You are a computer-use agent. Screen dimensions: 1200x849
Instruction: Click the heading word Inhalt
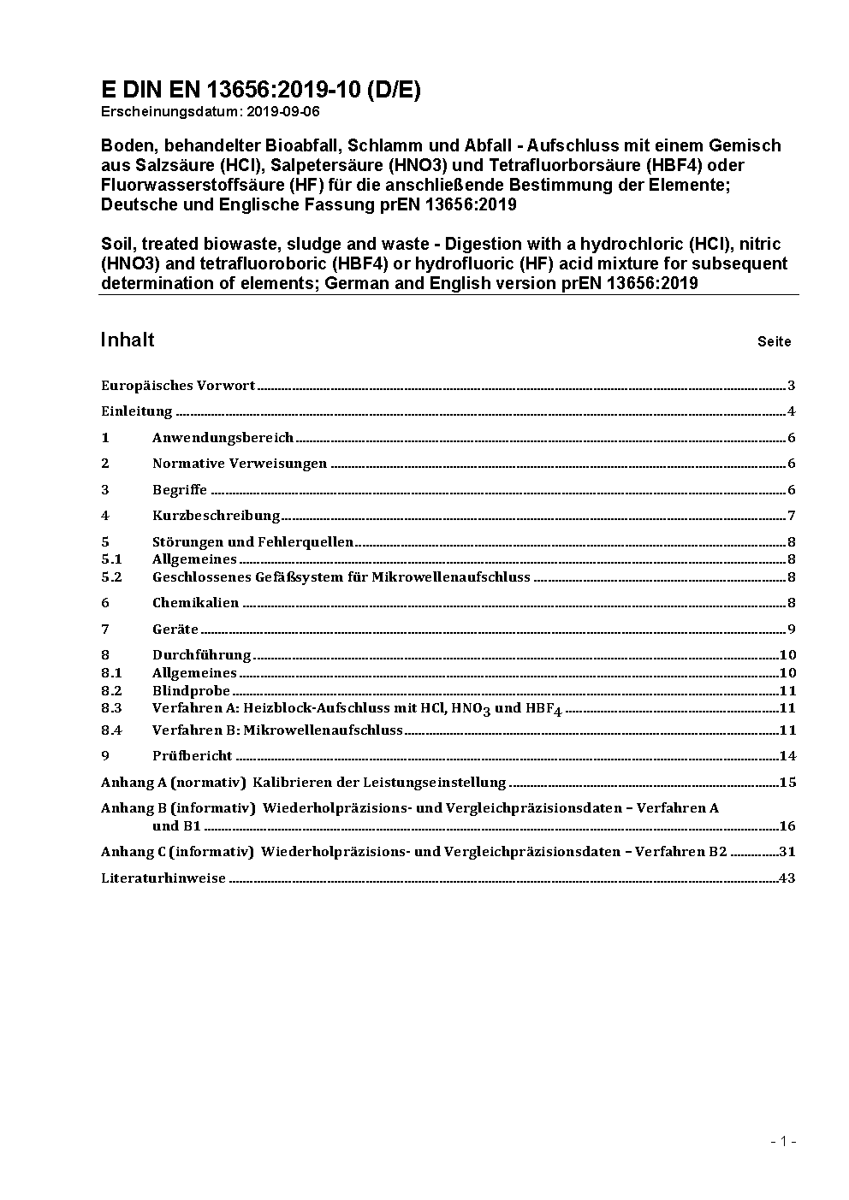click(128, 340)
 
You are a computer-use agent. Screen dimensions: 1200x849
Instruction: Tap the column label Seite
click(774, 341)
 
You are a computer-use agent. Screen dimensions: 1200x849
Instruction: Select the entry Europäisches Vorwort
click(178, 386)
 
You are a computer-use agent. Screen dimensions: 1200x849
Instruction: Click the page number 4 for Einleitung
click(792, 411)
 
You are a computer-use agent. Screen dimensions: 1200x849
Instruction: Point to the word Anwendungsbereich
click(223, 438)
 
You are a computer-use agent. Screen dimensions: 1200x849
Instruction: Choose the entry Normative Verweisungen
click(240, 464)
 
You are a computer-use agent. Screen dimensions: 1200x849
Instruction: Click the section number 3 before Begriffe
click(105, 490)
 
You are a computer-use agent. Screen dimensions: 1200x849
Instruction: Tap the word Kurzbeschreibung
click(217, 516)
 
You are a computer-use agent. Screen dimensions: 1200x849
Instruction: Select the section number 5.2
click(111, 577)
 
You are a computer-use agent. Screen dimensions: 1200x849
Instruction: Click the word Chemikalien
click(195, 603)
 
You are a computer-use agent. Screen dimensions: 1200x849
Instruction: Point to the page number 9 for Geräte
click(792, 630)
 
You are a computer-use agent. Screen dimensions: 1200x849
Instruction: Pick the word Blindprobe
click(191, 691)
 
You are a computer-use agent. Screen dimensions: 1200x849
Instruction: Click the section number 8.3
click(111, 708)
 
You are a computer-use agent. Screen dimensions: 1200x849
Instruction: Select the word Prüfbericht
click(192, 756)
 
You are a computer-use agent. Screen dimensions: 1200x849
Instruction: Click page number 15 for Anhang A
click(787, 783)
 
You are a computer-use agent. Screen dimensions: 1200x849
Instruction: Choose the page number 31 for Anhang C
click(787, 852)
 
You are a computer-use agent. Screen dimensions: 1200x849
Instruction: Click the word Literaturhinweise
click(163, 878)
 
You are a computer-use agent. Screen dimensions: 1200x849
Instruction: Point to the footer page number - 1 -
click(783, 1141)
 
